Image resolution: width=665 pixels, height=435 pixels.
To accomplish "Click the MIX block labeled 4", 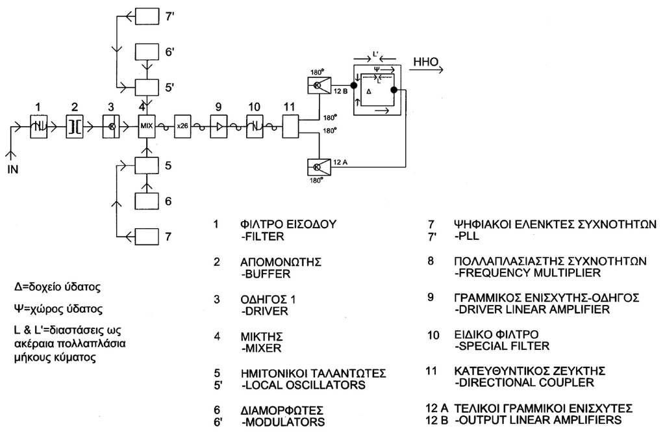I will (x=147, y=126).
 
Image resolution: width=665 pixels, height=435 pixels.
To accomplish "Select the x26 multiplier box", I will (x=182, y=126).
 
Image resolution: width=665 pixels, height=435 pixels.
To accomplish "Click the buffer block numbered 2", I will (x=75, y=126).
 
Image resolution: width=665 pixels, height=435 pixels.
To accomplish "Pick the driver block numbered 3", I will (x=111, y=126).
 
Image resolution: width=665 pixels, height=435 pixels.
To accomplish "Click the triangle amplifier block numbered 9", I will (x=218, y=126).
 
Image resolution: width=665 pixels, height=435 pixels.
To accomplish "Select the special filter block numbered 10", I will (x=254, y=126).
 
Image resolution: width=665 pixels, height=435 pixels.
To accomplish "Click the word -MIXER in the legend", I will (x=258, y=349).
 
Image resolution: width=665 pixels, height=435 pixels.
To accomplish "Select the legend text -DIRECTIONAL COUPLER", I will (x=524, y=382).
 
